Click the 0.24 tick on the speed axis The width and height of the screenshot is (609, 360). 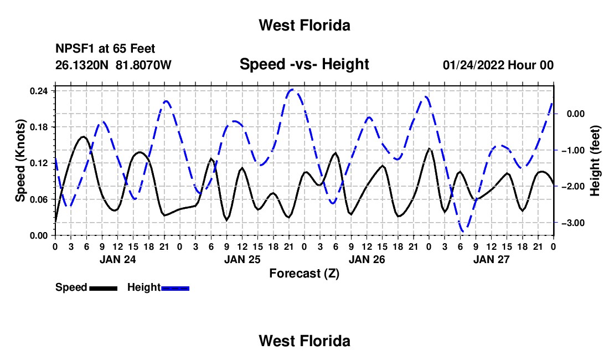pos(39,91)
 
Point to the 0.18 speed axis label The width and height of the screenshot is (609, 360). pos(39,127)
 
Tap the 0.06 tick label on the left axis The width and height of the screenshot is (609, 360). pos(39,199)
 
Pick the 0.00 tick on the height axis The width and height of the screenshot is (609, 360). pos(576,114)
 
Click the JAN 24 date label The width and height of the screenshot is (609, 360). pos(118,259)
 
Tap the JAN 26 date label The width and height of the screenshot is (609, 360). pos(367,259)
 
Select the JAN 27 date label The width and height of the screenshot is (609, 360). pos(491,259)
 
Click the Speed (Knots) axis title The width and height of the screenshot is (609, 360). pos(20,161)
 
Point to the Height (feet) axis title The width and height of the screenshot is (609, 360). pos(595,161)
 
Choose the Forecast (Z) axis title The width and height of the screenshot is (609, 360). pos(304,274)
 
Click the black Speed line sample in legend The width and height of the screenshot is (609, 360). pos(104,288)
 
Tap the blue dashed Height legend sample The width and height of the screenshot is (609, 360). pos(175,288)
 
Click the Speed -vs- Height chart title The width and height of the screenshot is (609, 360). pos(304,64)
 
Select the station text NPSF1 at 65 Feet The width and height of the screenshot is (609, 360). pos(105,49)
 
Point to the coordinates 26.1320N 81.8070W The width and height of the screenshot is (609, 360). pos(113,65)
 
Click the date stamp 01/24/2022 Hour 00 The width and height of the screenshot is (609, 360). pos(498,65)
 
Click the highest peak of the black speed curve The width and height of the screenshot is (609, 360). pos(84,137)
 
